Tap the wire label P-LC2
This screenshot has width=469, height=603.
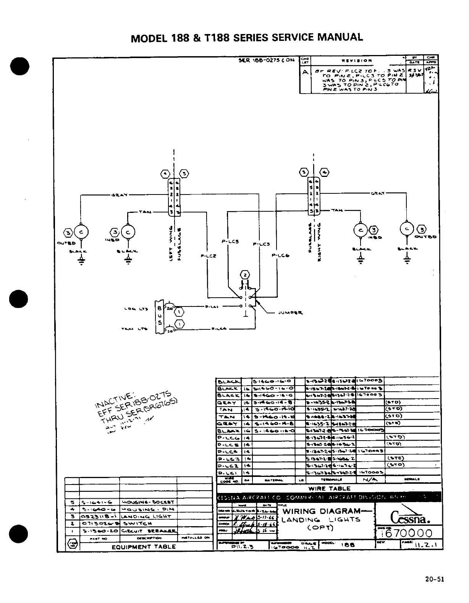209,256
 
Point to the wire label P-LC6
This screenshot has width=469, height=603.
281,256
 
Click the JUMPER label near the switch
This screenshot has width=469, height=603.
290,313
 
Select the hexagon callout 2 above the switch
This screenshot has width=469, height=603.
245,275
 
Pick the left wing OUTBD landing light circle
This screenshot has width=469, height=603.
81,232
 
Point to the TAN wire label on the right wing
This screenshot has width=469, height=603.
336,211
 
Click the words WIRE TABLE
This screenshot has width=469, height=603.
329,488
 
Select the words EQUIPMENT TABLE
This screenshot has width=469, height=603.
144,547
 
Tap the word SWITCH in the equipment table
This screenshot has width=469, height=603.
133,524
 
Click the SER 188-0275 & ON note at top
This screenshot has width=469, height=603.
267,60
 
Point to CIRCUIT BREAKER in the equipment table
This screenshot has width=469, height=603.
149,531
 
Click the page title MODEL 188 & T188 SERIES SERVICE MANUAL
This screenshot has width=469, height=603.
247,37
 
